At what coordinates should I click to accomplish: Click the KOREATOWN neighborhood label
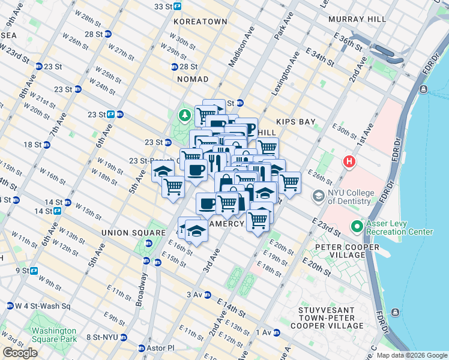pos(200,22)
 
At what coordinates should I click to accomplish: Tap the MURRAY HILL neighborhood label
pos(357,19)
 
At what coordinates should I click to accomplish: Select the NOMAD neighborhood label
pos(193,79)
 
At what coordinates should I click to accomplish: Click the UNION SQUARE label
pos(133,233)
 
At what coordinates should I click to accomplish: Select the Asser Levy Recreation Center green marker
pos(357,226)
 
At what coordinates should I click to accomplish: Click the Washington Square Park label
pos(54,335)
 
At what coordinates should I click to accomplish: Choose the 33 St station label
pos(167,6)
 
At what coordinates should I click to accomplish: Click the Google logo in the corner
pos(20,353)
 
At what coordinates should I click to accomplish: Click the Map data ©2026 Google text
pos(411,355)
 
